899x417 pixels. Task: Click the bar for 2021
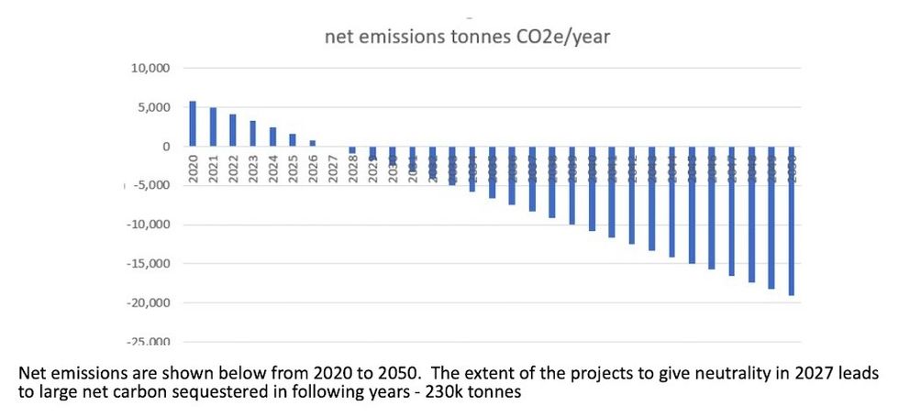click(213, 127)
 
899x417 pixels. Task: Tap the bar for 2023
click(252, 134)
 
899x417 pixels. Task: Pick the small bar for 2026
click(312, 143)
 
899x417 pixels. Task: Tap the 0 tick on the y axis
click(165, 147)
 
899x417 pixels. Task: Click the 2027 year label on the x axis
click(333, 169)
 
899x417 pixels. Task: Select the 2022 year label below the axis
click(233, 169)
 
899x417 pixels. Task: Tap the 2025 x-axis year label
click(293, 169)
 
